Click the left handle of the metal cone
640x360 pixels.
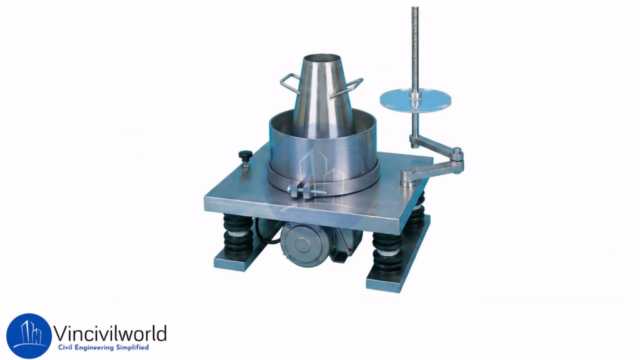(x=288, y=83)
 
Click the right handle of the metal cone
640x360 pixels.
(x=354, y=86)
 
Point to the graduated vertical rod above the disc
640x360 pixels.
(x=414, y=44)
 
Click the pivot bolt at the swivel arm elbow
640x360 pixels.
(x=457, y=151)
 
